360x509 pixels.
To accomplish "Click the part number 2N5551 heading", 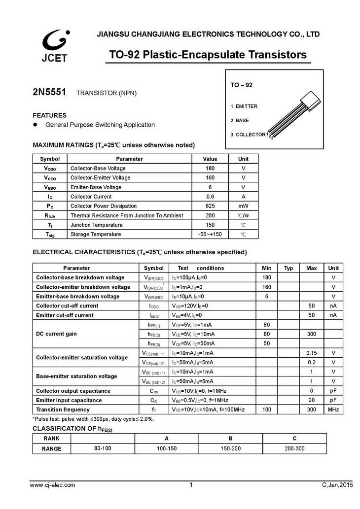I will tap(49, 92).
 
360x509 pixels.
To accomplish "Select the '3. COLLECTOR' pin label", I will tap(248, 135).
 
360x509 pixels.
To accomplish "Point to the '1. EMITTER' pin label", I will tap(244, 106).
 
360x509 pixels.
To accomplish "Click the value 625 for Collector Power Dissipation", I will tap(210, 206).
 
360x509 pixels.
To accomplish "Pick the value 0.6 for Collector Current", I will tap(210, 197).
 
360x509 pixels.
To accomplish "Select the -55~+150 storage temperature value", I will tap(210, 235).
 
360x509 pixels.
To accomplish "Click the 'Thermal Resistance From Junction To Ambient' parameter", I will tap(127, 215).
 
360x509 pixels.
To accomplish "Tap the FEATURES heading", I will tap(49, 115).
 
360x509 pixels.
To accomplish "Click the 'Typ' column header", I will tap(288, 268).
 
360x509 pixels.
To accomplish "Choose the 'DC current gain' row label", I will tap(56, 334).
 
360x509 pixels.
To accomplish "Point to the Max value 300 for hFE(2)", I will tap(311, 334).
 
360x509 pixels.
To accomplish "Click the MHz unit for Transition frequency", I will tap(333, 409).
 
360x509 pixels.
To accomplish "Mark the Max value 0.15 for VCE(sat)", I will tap(311, 353).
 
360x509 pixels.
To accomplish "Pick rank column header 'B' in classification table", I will tap(230, 439).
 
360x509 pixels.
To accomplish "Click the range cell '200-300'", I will tap(294, 448).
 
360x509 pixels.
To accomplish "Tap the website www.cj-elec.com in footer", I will tap(53, 485).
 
